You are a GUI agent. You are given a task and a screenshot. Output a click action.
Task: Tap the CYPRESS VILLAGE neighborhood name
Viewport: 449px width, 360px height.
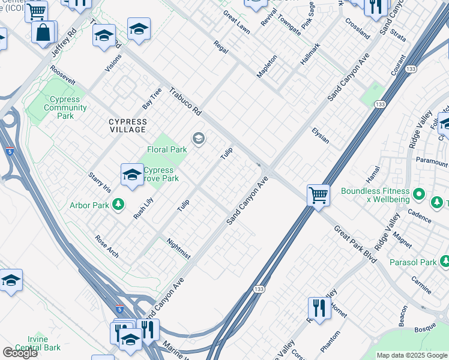127,125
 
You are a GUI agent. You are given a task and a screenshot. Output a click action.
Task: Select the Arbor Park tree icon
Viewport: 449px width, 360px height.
119,205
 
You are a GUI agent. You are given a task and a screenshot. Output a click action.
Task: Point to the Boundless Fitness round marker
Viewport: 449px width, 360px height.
419,195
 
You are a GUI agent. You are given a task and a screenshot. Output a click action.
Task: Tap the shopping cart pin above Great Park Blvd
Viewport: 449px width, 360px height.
318,194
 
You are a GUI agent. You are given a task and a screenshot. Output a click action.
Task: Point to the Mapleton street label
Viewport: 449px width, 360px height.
267,66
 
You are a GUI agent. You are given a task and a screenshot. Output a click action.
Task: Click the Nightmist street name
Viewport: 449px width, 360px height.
178,248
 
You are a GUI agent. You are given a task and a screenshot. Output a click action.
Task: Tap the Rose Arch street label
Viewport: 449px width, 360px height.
107,246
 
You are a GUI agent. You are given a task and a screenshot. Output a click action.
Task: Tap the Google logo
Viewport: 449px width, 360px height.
19,353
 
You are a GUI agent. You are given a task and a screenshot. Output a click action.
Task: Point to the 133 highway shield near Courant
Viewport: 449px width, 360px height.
379,104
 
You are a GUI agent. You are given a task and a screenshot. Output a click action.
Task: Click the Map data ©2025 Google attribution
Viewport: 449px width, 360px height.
412,355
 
